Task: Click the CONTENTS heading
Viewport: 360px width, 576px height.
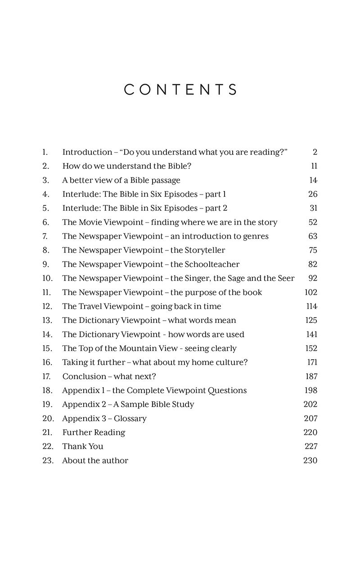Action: [180, 90]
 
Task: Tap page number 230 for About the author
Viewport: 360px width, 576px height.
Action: [310, 460]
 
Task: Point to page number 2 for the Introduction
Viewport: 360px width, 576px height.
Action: [315, 152]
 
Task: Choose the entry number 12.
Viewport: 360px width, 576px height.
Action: [47, 306]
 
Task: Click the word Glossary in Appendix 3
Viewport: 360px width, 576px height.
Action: [130, 418]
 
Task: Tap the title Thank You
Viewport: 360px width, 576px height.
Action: [83, 446]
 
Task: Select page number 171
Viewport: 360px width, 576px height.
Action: [311, 362]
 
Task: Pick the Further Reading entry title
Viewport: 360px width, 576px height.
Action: [94, 432]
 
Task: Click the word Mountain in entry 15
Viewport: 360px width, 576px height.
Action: [136, 348]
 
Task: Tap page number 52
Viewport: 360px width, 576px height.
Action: [313, 222]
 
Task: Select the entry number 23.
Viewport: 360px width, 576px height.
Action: [48, 460]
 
